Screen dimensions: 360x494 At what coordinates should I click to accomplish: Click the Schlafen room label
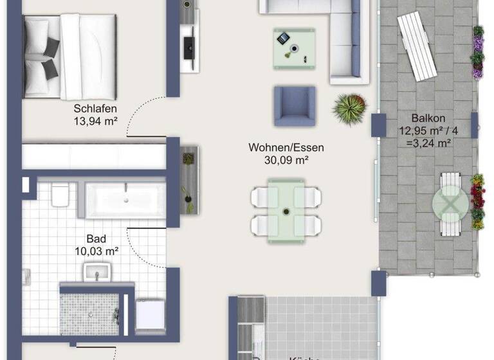[x=95, y=108]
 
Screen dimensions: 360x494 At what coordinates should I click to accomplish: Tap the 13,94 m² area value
[x=95, y=120]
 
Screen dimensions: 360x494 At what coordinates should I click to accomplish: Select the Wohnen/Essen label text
[x=286, y=148]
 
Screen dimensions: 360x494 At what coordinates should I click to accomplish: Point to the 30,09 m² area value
[x=286, y=160]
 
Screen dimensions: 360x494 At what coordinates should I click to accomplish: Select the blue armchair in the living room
[x=295, y=106]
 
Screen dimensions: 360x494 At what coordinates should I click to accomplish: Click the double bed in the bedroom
[x=69, y=57]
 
